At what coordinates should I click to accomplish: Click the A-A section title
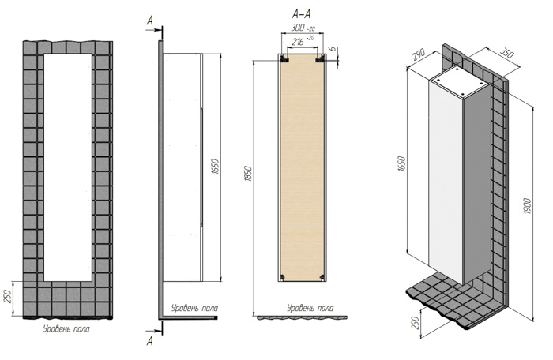click(x=301, y=14)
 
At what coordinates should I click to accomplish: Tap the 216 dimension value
click(x=298, y=42)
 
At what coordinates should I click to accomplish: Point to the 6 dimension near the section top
click(x=333, y=50)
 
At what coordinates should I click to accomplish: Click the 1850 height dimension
click(x=249, y=173)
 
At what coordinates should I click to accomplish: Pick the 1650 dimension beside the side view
click(x=216, y=167)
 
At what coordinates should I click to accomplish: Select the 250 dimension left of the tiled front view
click(x=9, y=295)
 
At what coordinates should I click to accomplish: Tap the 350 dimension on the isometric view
click(x=506, y=53)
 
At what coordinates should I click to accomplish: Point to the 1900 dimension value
click(x=527, y=208)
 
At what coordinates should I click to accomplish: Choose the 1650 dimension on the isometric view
click(x=402, y=163)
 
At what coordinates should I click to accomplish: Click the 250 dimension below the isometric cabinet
click(x=416, y=323)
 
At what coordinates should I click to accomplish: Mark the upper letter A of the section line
click(x=150, y=21)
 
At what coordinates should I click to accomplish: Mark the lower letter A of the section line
click(x=150, y=340)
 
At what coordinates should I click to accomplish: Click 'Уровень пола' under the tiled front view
click(x=66, y=329)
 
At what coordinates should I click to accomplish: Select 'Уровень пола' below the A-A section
click(x=310, y=309)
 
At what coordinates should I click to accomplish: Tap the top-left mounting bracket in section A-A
click(x=284, y=59)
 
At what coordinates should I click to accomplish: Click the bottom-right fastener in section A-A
click(x=322, y=277)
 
